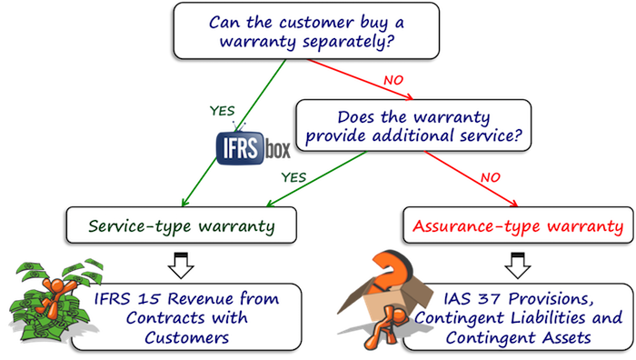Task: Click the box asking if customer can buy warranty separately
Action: point(309,31)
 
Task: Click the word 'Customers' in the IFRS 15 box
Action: point(191,338)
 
